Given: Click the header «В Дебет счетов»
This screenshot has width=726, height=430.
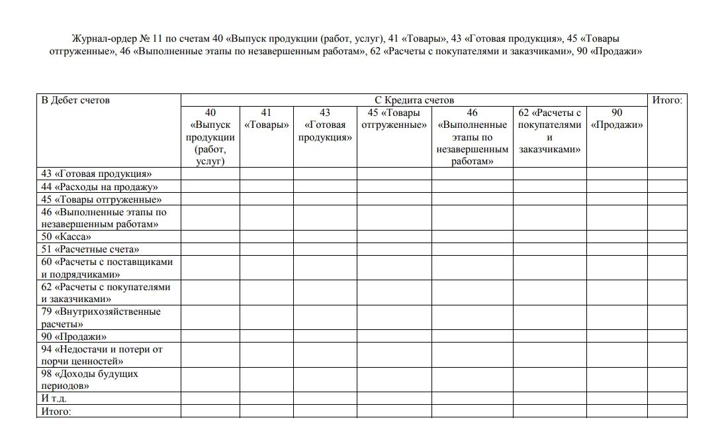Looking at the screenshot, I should tap(75, 101).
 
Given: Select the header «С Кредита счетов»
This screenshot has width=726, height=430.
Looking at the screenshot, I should tap(414, 101).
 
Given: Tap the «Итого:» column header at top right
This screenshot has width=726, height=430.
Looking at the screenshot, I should tap(666, 101).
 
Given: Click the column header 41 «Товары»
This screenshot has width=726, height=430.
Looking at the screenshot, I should tap(267, 119).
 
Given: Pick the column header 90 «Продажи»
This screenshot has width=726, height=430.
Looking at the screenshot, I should tap(616, 119).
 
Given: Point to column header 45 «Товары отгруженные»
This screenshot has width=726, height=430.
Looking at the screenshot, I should tap(394, 119).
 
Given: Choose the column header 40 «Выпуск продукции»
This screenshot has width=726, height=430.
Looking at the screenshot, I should tap(210, 136).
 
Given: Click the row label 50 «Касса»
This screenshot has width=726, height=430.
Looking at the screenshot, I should tap(66, 237).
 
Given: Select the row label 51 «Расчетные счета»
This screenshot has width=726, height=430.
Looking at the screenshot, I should tap(90, 250).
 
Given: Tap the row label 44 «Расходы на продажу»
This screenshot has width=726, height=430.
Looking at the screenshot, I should tap(99, 187).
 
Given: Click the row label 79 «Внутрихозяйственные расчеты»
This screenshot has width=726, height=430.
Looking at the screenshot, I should tap(101, 318).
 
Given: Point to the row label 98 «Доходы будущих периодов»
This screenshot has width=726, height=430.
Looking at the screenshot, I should tap(89, 380).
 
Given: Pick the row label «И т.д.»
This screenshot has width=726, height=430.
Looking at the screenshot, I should tap(54, 399).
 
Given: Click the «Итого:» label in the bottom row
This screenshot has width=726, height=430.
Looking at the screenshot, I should tap(56, 411).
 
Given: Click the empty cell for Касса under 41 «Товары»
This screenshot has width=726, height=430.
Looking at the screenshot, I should tap(267, 237).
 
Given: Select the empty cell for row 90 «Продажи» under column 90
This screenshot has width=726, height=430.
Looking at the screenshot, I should tap(616, 337).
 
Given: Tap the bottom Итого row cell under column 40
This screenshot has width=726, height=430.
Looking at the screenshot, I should tap(210, 411).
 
